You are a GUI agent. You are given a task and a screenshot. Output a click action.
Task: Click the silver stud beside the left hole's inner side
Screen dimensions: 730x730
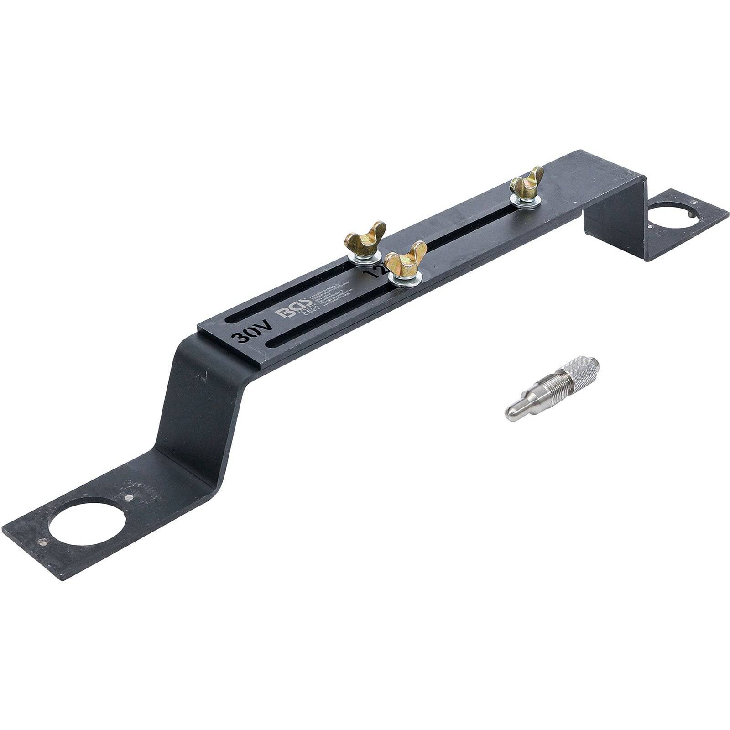pyautogui.click(x=129, y=498)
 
